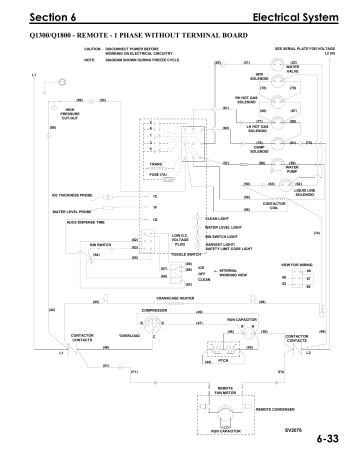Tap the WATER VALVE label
point(291,71)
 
